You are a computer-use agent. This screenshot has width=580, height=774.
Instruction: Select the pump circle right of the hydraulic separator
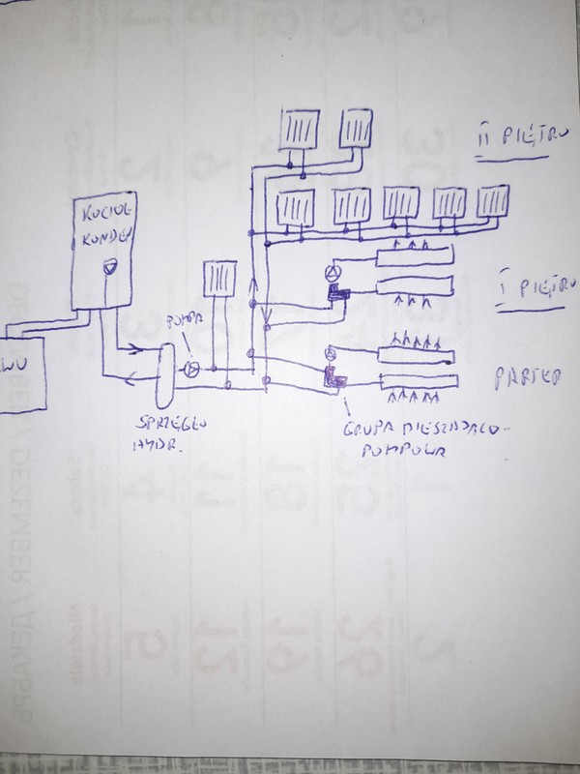point(191,370)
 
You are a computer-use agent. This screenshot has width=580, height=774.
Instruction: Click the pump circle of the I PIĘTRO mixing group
point(332,272)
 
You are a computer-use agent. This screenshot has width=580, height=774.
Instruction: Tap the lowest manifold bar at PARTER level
point(415,384)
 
